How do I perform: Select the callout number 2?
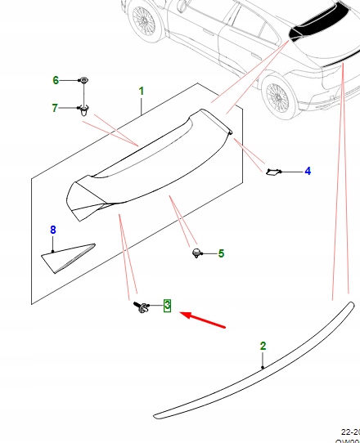(263, 346)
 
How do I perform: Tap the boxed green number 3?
(167, 306)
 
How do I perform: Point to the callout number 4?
(308, 171)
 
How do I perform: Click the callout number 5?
(220, 254)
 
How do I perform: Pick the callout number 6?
(56, 80)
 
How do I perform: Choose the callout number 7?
(55, 108)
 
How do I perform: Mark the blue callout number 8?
(53, 230)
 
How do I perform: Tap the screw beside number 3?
(142, 307)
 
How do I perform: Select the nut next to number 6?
(83, 80)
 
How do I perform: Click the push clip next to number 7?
(83, 110)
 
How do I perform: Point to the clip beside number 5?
(196, 253)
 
